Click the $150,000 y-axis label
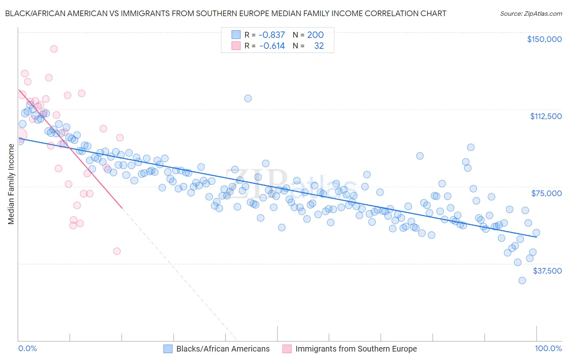click(x=544, y=39)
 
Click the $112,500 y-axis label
click(x=546, y=116)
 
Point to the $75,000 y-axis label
click(x=546, y=193)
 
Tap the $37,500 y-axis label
click(x=547, y=271)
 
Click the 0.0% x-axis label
click(x=27, y=349)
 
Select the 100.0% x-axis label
click(x=548, y=349)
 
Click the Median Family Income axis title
click(x=11, y=184)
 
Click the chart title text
click(x=225, y=13)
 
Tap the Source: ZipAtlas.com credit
click(x=531, y=13)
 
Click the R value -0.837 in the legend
click(x=272, y=35)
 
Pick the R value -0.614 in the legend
click(x=272, y=46)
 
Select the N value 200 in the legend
click(x=315, y=35)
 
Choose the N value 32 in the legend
click(x=319, y=46)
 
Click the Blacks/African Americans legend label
click(x=223, y=349)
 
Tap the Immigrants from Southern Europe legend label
click(x=356, y=349)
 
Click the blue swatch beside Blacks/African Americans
click(x=168, y=349)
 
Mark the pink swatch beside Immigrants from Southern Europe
click(x=287, y=349)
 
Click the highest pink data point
click(x=54, y=49)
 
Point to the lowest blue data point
click(x=522, y=280)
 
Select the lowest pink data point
click(x=117, y=251)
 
